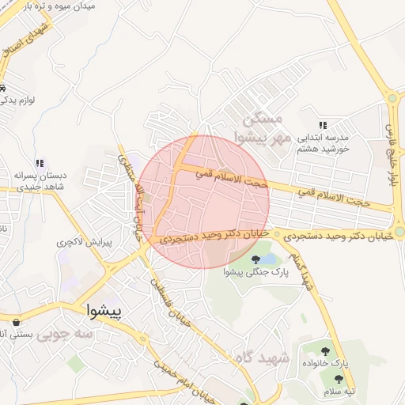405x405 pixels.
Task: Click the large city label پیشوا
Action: (x=104, y=312)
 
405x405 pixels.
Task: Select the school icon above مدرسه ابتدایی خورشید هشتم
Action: (x=322, y=125)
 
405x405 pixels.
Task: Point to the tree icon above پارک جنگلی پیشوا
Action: (x=255, y=259)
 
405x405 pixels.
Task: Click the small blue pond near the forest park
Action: (x=270, y=259)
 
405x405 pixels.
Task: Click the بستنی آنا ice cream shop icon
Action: (x=17, y=322)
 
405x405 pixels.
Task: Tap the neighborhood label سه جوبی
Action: (x=69, y=335)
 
